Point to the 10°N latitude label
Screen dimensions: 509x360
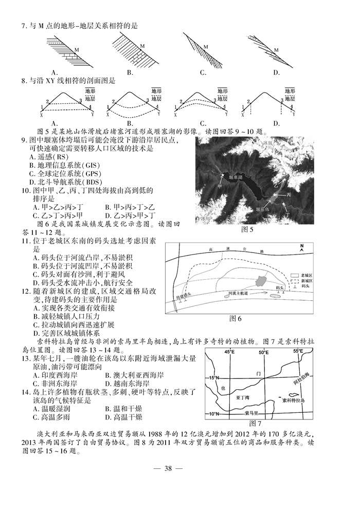tap(212, 413)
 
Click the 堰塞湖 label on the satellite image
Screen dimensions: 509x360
tap(236, 175)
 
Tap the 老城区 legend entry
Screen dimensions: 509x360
tap(307, 276)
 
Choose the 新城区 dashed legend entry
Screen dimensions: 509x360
tap(307, 282)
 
